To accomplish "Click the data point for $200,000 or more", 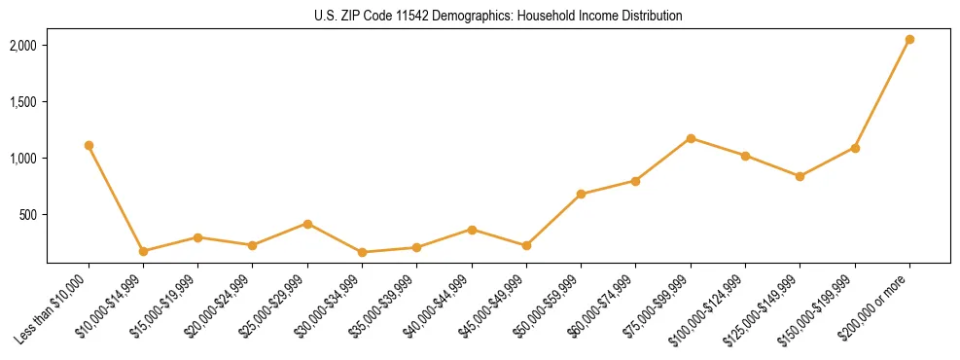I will coord(909,40).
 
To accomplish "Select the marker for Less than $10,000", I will coord(89,145).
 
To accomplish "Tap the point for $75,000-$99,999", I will coord(691,138).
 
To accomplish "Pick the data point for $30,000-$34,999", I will coord(362,253).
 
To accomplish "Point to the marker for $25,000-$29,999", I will coord(307,224).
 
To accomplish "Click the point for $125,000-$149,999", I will coord(800,176).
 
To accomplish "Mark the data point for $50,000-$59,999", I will coord(581,195).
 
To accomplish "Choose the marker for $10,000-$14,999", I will coord(143,251).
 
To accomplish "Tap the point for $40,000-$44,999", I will coord(472,230).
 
